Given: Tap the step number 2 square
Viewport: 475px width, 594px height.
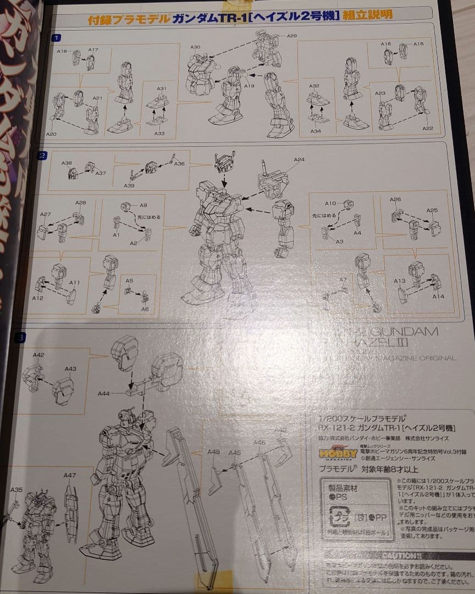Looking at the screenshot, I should click(x=42, y=156).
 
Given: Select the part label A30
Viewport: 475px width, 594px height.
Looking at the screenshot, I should click(x=195, y=48).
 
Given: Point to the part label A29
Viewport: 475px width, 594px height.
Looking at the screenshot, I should click(x=292, y=36).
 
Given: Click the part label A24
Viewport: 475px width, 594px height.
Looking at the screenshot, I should click(x=299, y=160).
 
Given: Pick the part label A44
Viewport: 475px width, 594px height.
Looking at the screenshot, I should click(x=103, y=394).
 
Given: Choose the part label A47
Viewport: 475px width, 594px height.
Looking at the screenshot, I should click(x=70, y=475).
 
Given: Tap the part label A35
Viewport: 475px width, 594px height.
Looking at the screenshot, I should click(x=16, y=490).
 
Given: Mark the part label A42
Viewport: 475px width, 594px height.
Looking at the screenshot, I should click(x=38, y=355).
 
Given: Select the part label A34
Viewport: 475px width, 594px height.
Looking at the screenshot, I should click(x=316, y=131).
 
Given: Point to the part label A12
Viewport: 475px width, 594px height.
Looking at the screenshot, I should click(x=37, y=298).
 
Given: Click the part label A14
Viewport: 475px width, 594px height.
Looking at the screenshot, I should click(x=438, y=296).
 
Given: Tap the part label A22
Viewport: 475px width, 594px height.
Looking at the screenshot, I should click(x=428, y=128).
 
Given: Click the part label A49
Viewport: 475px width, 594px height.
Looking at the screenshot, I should click(x=213, y=452).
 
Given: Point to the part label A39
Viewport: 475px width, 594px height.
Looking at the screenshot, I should click(x=129, y=186).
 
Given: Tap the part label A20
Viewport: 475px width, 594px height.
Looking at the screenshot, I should click(x=51, y=134).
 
